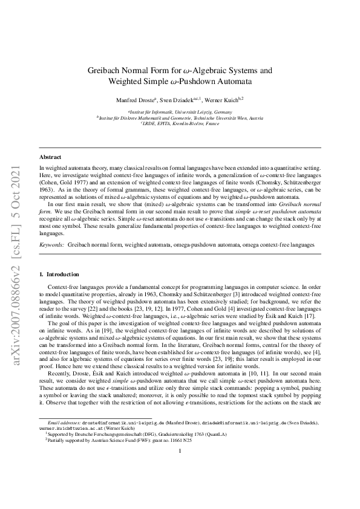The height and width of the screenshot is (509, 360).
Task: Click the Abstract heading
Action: (x=50, y=157)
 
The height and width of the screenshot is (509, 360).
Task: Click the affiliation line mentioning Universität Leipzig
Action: (x=180, y=112)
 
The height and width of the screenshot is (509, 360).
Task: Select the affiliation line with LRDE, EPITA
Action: (x=180, y=123)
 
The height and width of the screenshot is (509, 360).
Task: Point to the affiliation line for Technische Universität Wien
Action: (x=180, y=118)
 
